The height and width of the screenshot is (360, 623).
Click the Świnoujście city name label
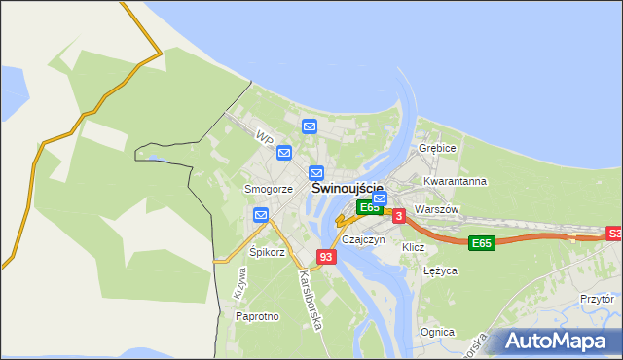[347, 188]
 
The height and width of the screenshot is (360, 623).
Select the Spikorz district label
[267, 252]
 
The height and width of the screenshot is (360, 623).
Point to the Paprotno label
[258, 316]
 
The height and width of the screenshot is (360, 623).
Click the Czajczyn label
[364, 239]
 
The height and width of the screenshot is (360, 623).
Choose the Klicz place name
[414, 248]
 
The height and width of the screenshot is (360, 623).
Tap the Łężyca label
[441, 271]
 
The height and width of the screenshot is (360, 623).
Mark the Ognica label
[437, 332]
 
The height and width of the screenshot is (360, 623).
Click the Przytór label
[597, 300]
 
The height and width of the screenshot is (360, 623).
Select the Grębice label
[437, 148]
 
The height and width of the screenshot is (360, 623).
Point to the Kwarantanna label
[455, 182]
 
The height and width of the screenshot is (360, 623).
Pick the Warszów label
[435, 209]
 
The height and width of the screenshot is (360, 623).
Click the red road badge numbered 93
[327, 257]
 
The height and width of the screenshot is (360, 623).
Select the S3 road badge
[613, 234]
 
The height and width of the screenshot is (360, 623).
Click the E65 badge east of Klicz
[481, 242]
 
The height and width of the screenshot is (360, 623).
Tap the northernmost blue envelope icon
[310, 126]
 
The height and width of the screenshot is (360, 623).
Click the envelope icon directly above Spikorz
[261, 215]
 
